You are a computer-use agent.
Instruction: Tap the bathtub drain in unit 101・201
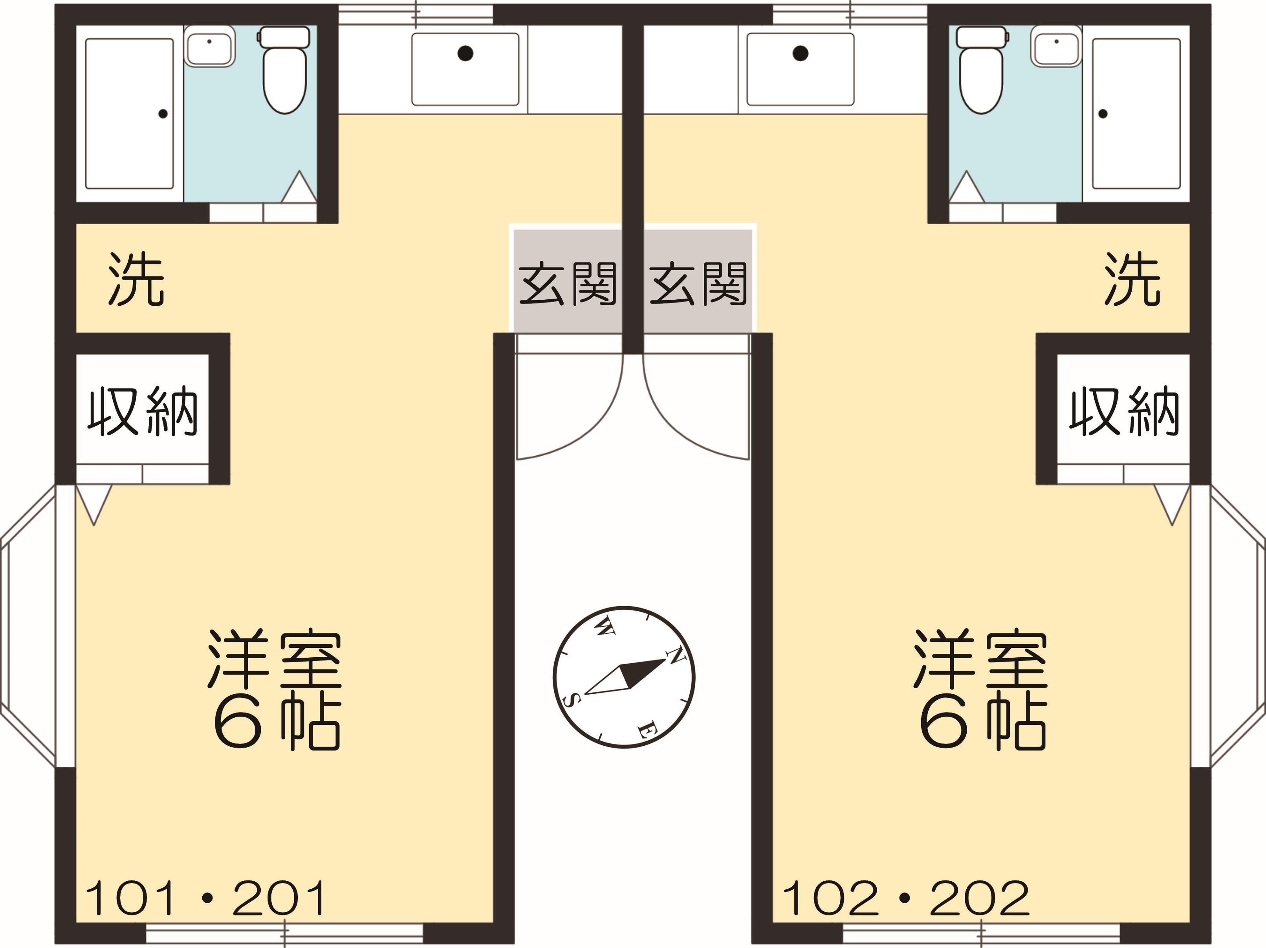pos(163,114)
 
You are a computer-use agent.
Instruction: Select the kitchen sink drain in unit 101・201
pos(465,53)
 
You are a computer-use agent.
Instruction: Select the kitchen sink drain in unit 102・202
pos(801,53)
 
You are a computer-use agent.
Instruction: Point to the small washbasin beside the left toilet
pos(209,46)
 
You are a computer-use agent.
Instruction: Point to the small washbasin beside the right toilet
pos(1056,46)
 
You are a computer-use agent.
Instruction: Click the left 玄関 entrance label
pos(567,284)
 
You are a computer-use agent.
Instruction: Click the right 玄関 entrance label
pos(698,284)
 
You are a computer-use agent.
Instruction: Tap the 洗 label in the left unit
pos(137,279)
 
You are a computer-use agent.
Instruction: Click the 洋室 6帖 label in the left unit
pos(275,690)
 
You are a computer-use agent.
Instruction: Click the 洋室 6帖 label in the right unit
pos(980,690)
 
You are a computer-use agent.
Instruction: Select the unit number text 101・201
pos(205,898)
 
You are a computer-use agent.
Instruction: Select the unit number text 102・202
pos(905,898)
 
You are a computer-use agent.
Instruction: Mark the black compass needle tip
pos(666,660)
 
